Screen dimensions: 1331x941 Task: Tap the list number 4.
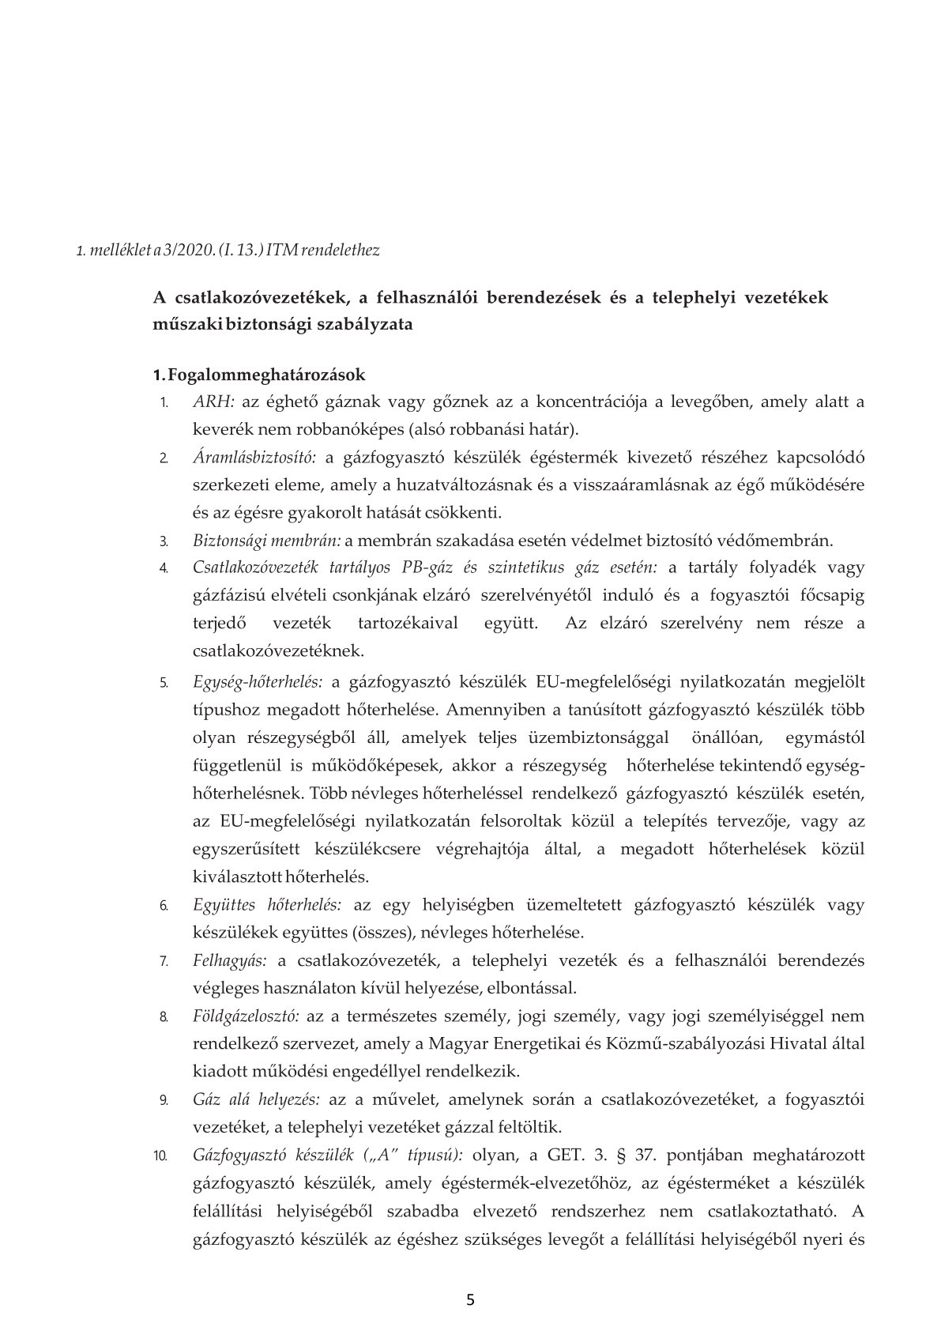click(163, 568)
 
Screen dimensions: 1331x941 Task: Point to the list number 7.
click(163, 961)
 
